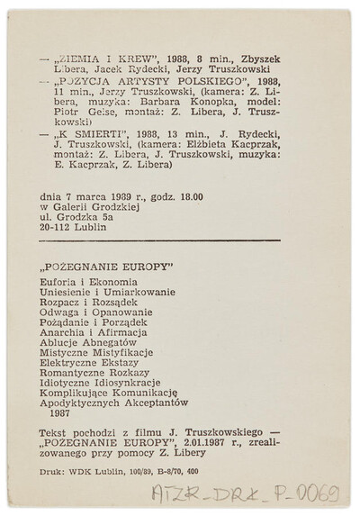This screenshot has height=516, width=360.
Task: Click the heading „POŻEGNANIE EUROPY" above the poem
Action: [x=107, y=270]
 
